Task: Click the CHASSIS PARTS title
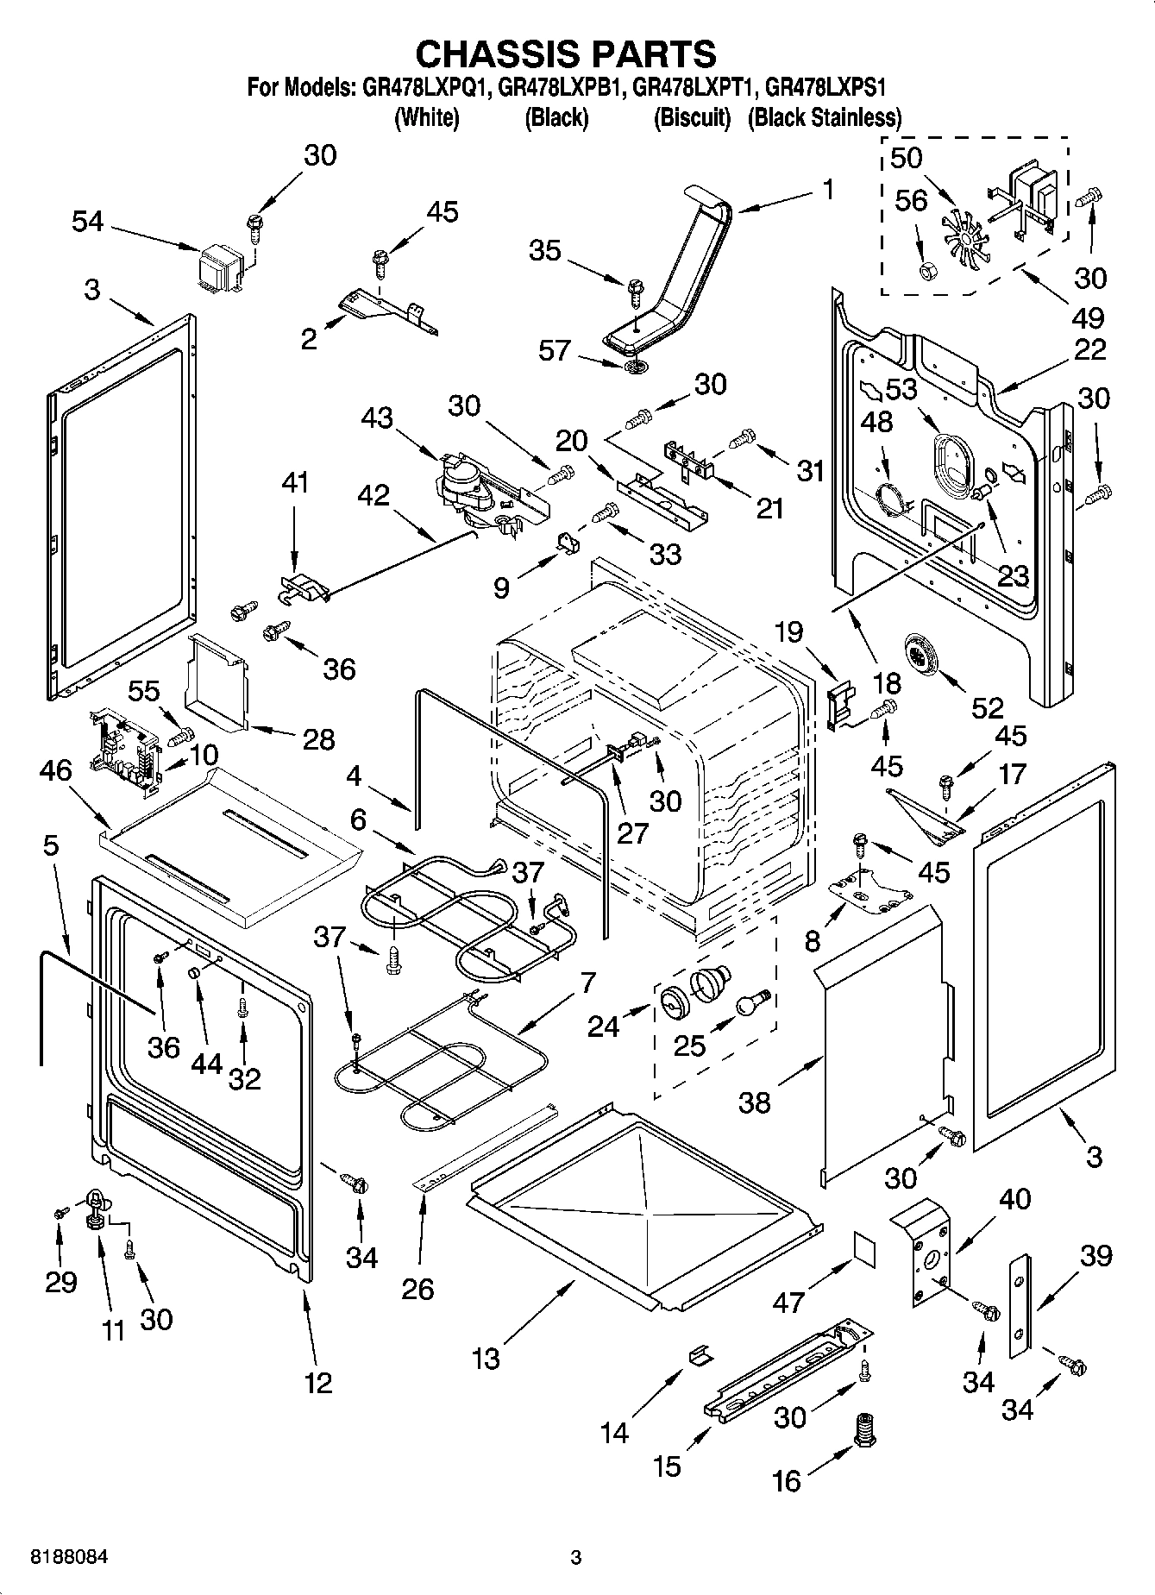pos(566,53)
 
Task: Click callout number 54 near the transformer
pos(87,222)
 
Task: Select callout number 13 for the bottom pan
pos(486,1359)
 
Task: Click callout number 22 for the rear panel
pos(1090,349)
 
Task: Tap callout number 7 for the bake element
pos(587,982)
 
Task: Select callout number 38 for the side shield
pos(755,1102)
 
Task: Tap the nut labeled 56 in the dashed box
pos(930,272)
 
